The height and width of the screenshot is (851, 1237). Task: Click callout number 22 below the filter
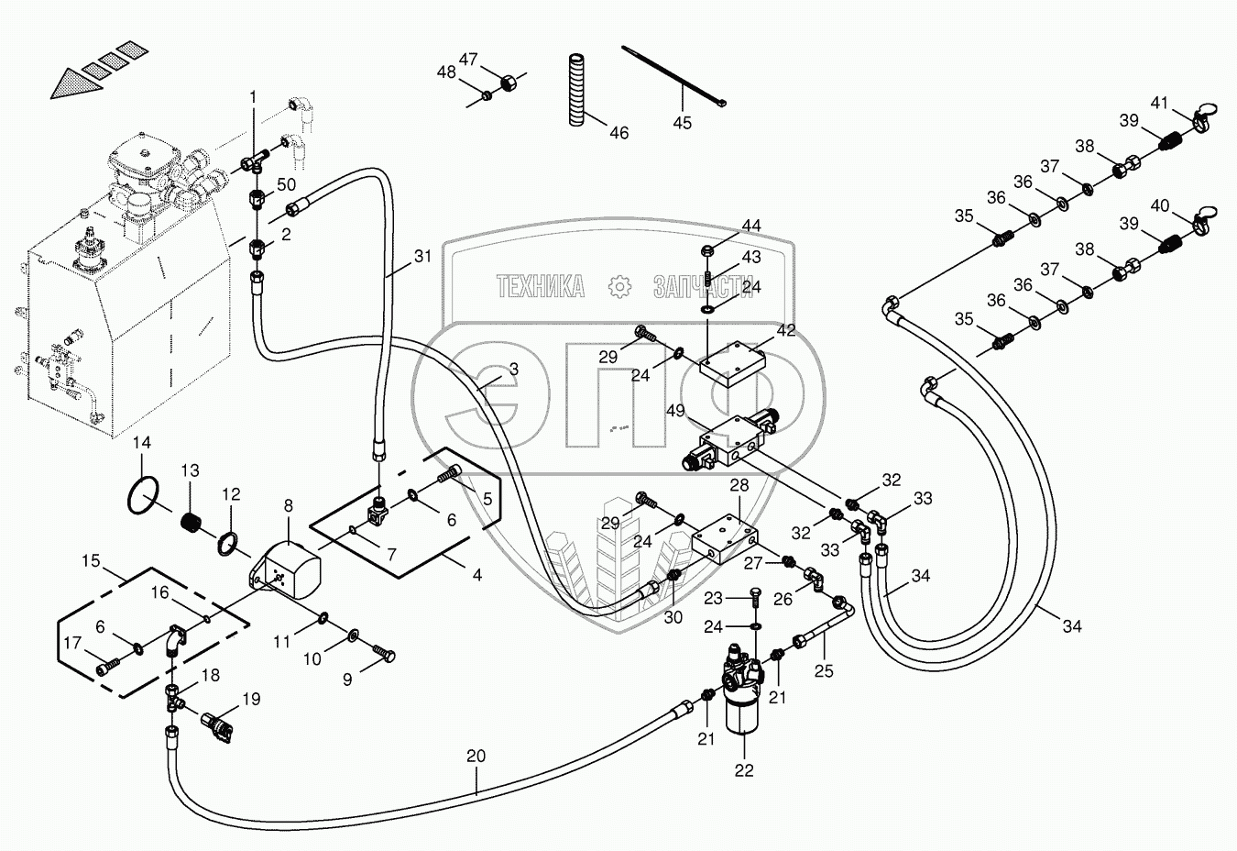[x=743, y=770]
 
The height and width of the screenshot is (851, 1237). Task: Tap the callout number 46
[x=619, y=133]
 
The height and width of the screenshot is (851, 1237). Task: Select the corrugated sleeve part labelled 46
[x=575, y=90]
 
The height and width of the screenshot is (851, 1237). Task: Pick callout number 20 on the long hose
[x=476, y=757]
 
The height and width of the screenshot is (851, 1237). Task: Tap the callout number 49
[x=675, y=412]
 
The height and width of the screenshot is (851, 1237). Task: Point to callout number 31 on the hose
[x=421, y=257]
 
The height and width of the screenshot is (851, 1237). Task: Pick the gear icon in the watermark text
[x=620, y=287]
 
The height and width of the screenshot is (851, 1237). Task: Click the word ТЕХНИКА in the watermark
[x=541, y=287]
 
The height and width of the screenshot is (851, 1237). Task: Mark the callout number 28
[x=739, y=485]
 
